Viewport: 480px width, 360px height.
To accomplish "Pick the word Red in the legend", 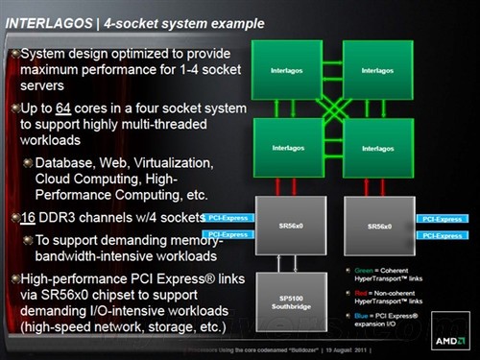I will click(x=358, y=289).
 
